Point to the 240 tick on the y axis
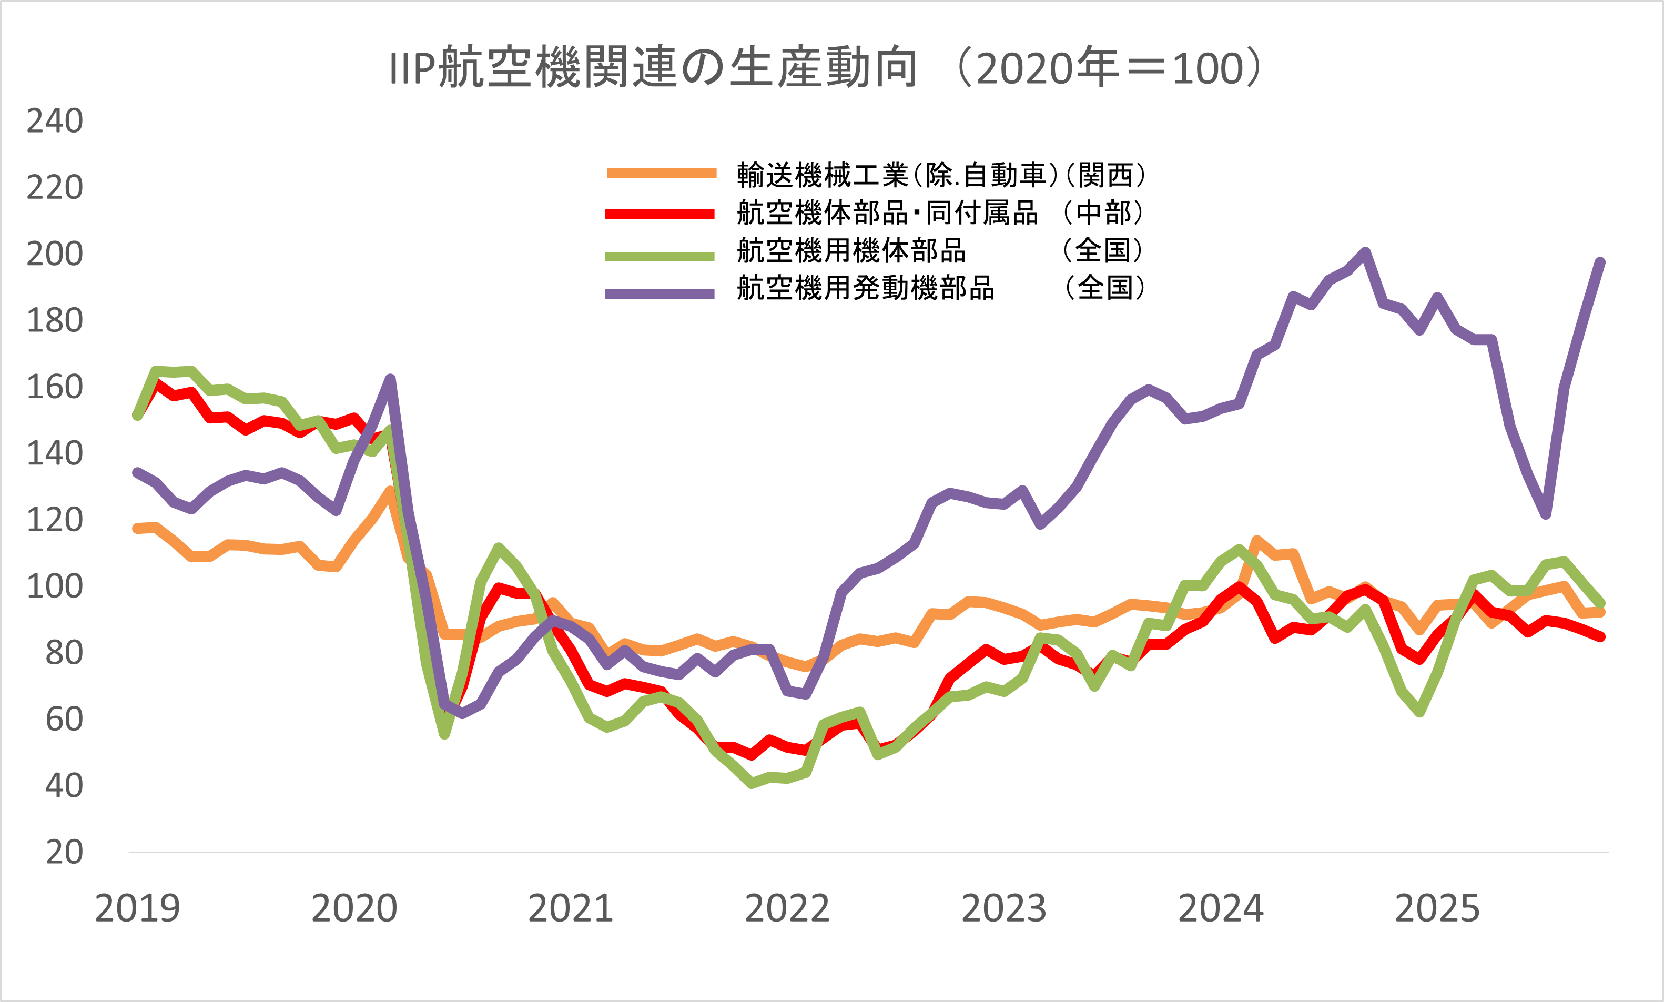[x=55, y=121]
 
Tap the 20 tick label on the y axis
[x=64, y=852]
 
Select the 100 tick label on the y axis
[x=55, y=586]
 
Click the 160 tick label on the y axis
[x=55, y=387]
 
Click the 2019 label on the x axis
[x=138, y=909]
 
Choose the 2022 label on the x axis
[x=787, y=909]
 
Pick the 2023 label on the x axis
[x=1004, y=909]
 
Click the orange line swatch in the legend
[x=661, y=174]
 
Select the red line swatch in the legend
[x=659, y=214]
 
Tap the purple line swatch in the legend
[x=659, y=293]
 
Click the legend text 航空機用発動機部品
[x=866, y=288]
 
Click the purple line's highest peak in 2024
[x=1365, y=252]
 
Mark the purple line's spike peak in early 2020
[x=390, y=379]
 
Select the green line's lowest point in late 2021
[x=752, y=783]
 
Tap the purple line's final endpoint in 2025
[x=1600, y=262]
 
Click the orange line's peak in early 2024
[x=1257, y=540]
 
